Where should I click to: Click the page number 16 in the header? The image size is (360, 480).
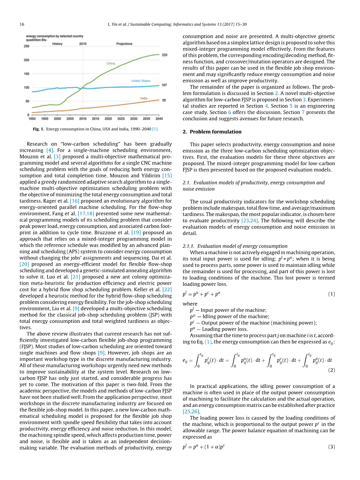point(22,25)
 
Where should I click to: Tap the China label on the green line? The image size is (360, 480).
point(111,63)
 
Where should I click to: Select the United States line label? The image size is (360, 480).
point(140,81)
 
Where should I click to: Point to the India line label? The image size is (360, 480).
point(144,98)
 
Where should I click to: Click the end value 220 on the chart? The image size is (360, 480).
point(165,55)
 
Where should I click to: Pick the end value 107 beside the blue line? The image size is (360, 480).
point(164,85)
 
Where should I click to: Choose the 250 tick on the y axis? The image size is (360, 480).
point(26,46)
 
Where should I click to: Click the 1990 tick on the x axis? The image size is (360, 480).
point(32,118)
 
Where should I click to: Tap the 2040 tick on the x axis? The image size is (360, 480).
point(159,118)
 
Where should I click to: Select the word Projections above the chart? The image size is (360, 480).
point(124,44)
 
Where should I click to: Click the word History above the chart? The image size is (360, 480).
point(57,44)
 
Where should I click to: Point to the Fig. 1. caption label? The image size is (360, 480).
point(39,129)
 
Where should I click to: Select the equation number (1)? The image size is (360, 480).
point(331,294)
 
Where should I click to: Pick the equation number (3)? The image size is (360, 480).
point(331,447)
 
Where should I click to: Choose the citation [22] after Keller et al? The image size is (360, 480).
point(167,290)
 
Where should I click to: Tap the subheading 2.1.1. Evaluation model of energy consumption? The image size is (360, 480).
point(235,246)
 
